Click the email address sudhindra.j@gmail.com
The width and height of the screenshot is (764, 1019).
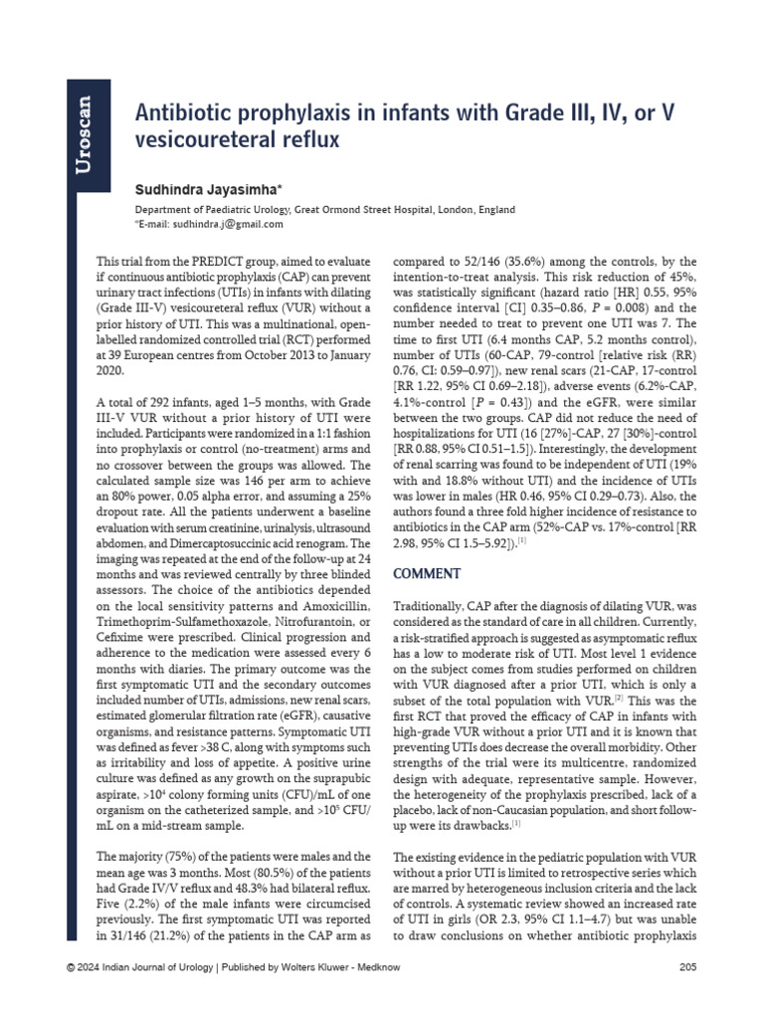coord(228,224)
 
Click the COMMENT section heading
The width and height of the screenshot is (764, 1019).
coord(429,574)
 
